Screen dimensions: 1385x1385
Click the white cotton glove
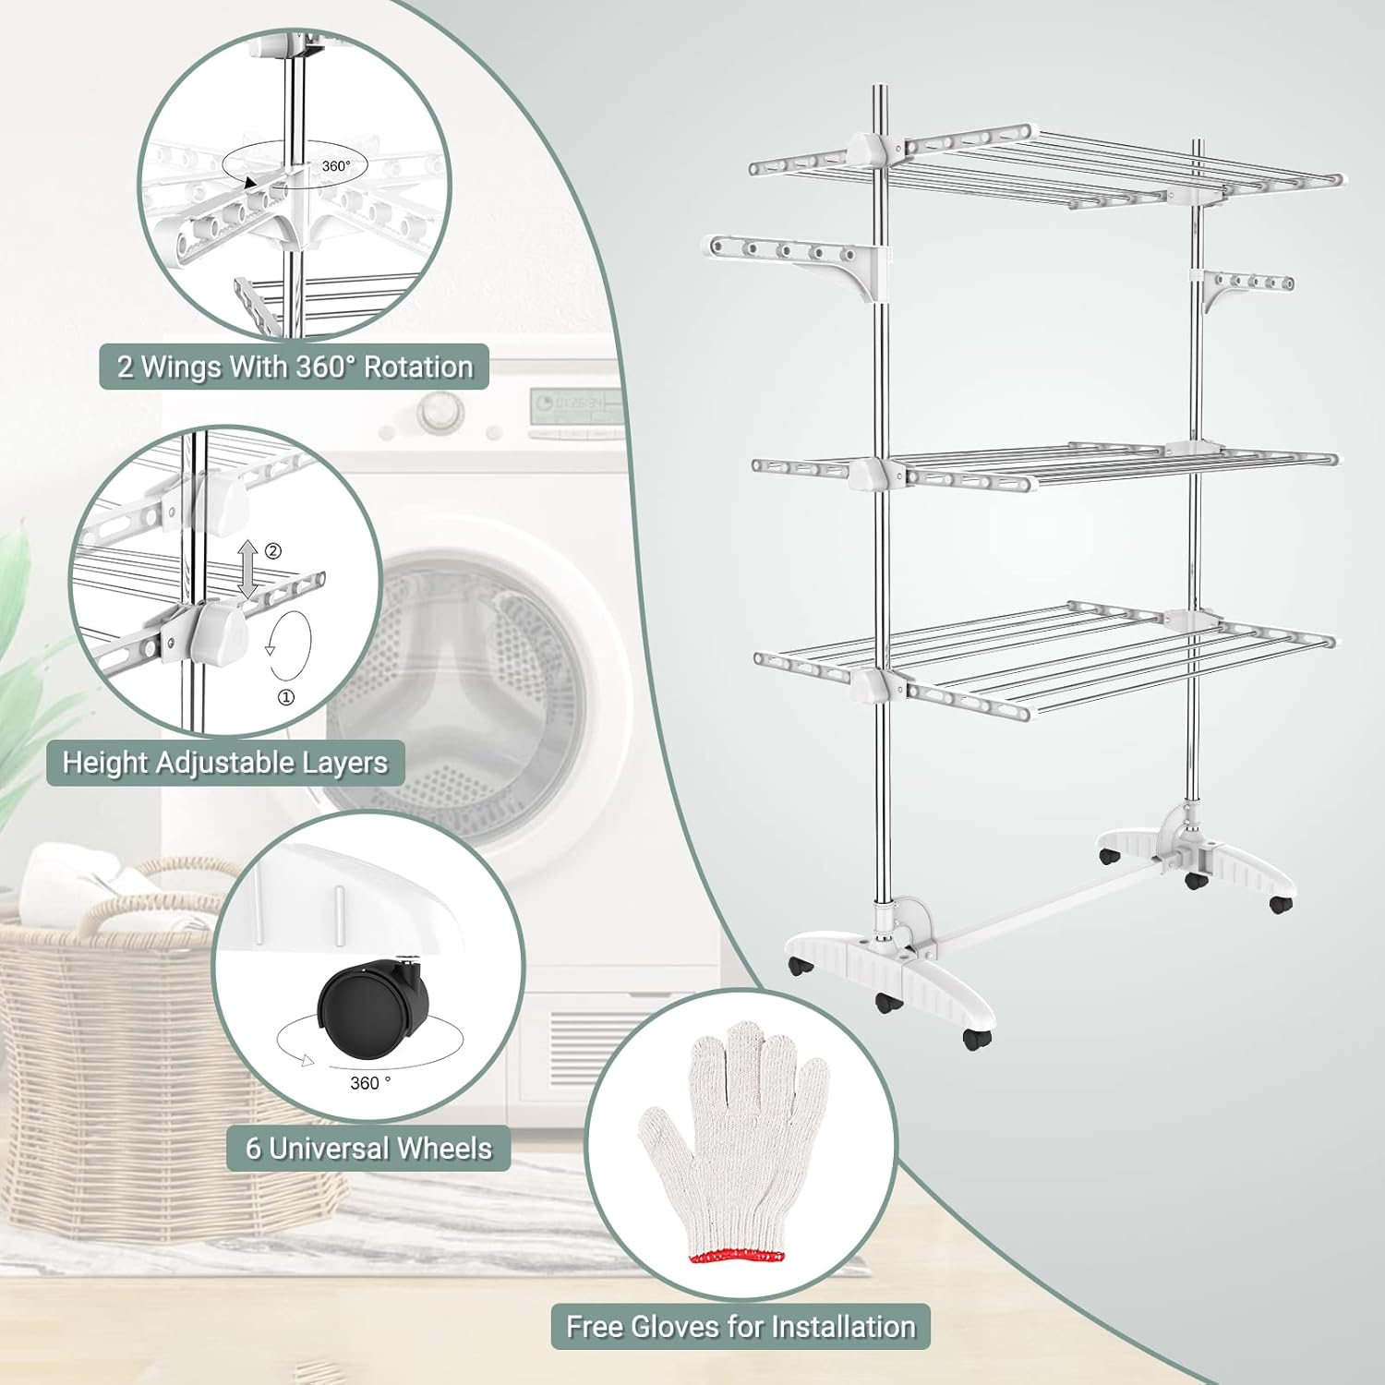(x=734, y=1145)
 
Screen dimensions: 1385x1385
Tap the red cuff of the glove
(x=737, y=1257)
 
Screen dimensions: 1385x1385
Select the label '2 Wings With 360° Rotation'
(x=295, y=367)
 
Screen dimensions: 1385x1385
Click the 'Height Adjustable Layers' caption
(x=225, y=763)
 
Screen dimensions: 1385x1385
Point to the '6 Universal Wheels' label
(x=368, y=1149)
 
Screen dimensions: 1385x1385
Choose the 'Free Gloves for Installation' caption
(x=741, y=1327)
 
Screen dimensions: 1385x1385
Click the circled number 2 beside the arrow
(x=273, y=551)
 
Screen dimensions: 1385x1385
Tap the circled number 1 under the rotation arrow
(x=286, y=697)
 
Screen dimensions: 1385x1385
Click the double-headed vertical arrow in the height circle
(x=247, y=568)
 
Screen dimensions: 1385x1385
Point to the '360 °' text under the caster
(x=370, y=1083)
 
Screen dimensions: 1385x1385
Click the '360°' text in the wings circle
(x=336, y=166)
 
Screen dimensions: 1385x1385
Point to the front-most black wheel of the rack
(x=976, y=1039)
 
